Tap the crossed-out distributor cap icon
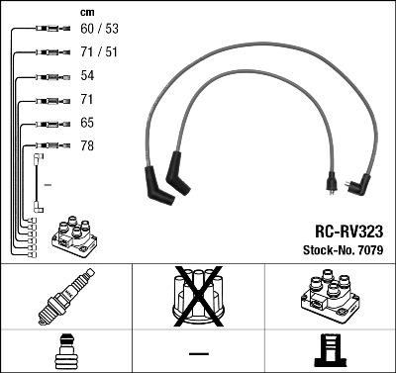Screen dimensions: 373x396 coord(197,296)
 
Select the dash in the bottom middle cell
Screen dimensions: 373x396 coord(197,352)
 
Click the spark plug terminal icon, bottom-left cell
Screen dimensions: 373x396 coord(65,351)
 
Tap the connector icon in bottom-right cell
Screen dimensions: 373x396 coord(329,351)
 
